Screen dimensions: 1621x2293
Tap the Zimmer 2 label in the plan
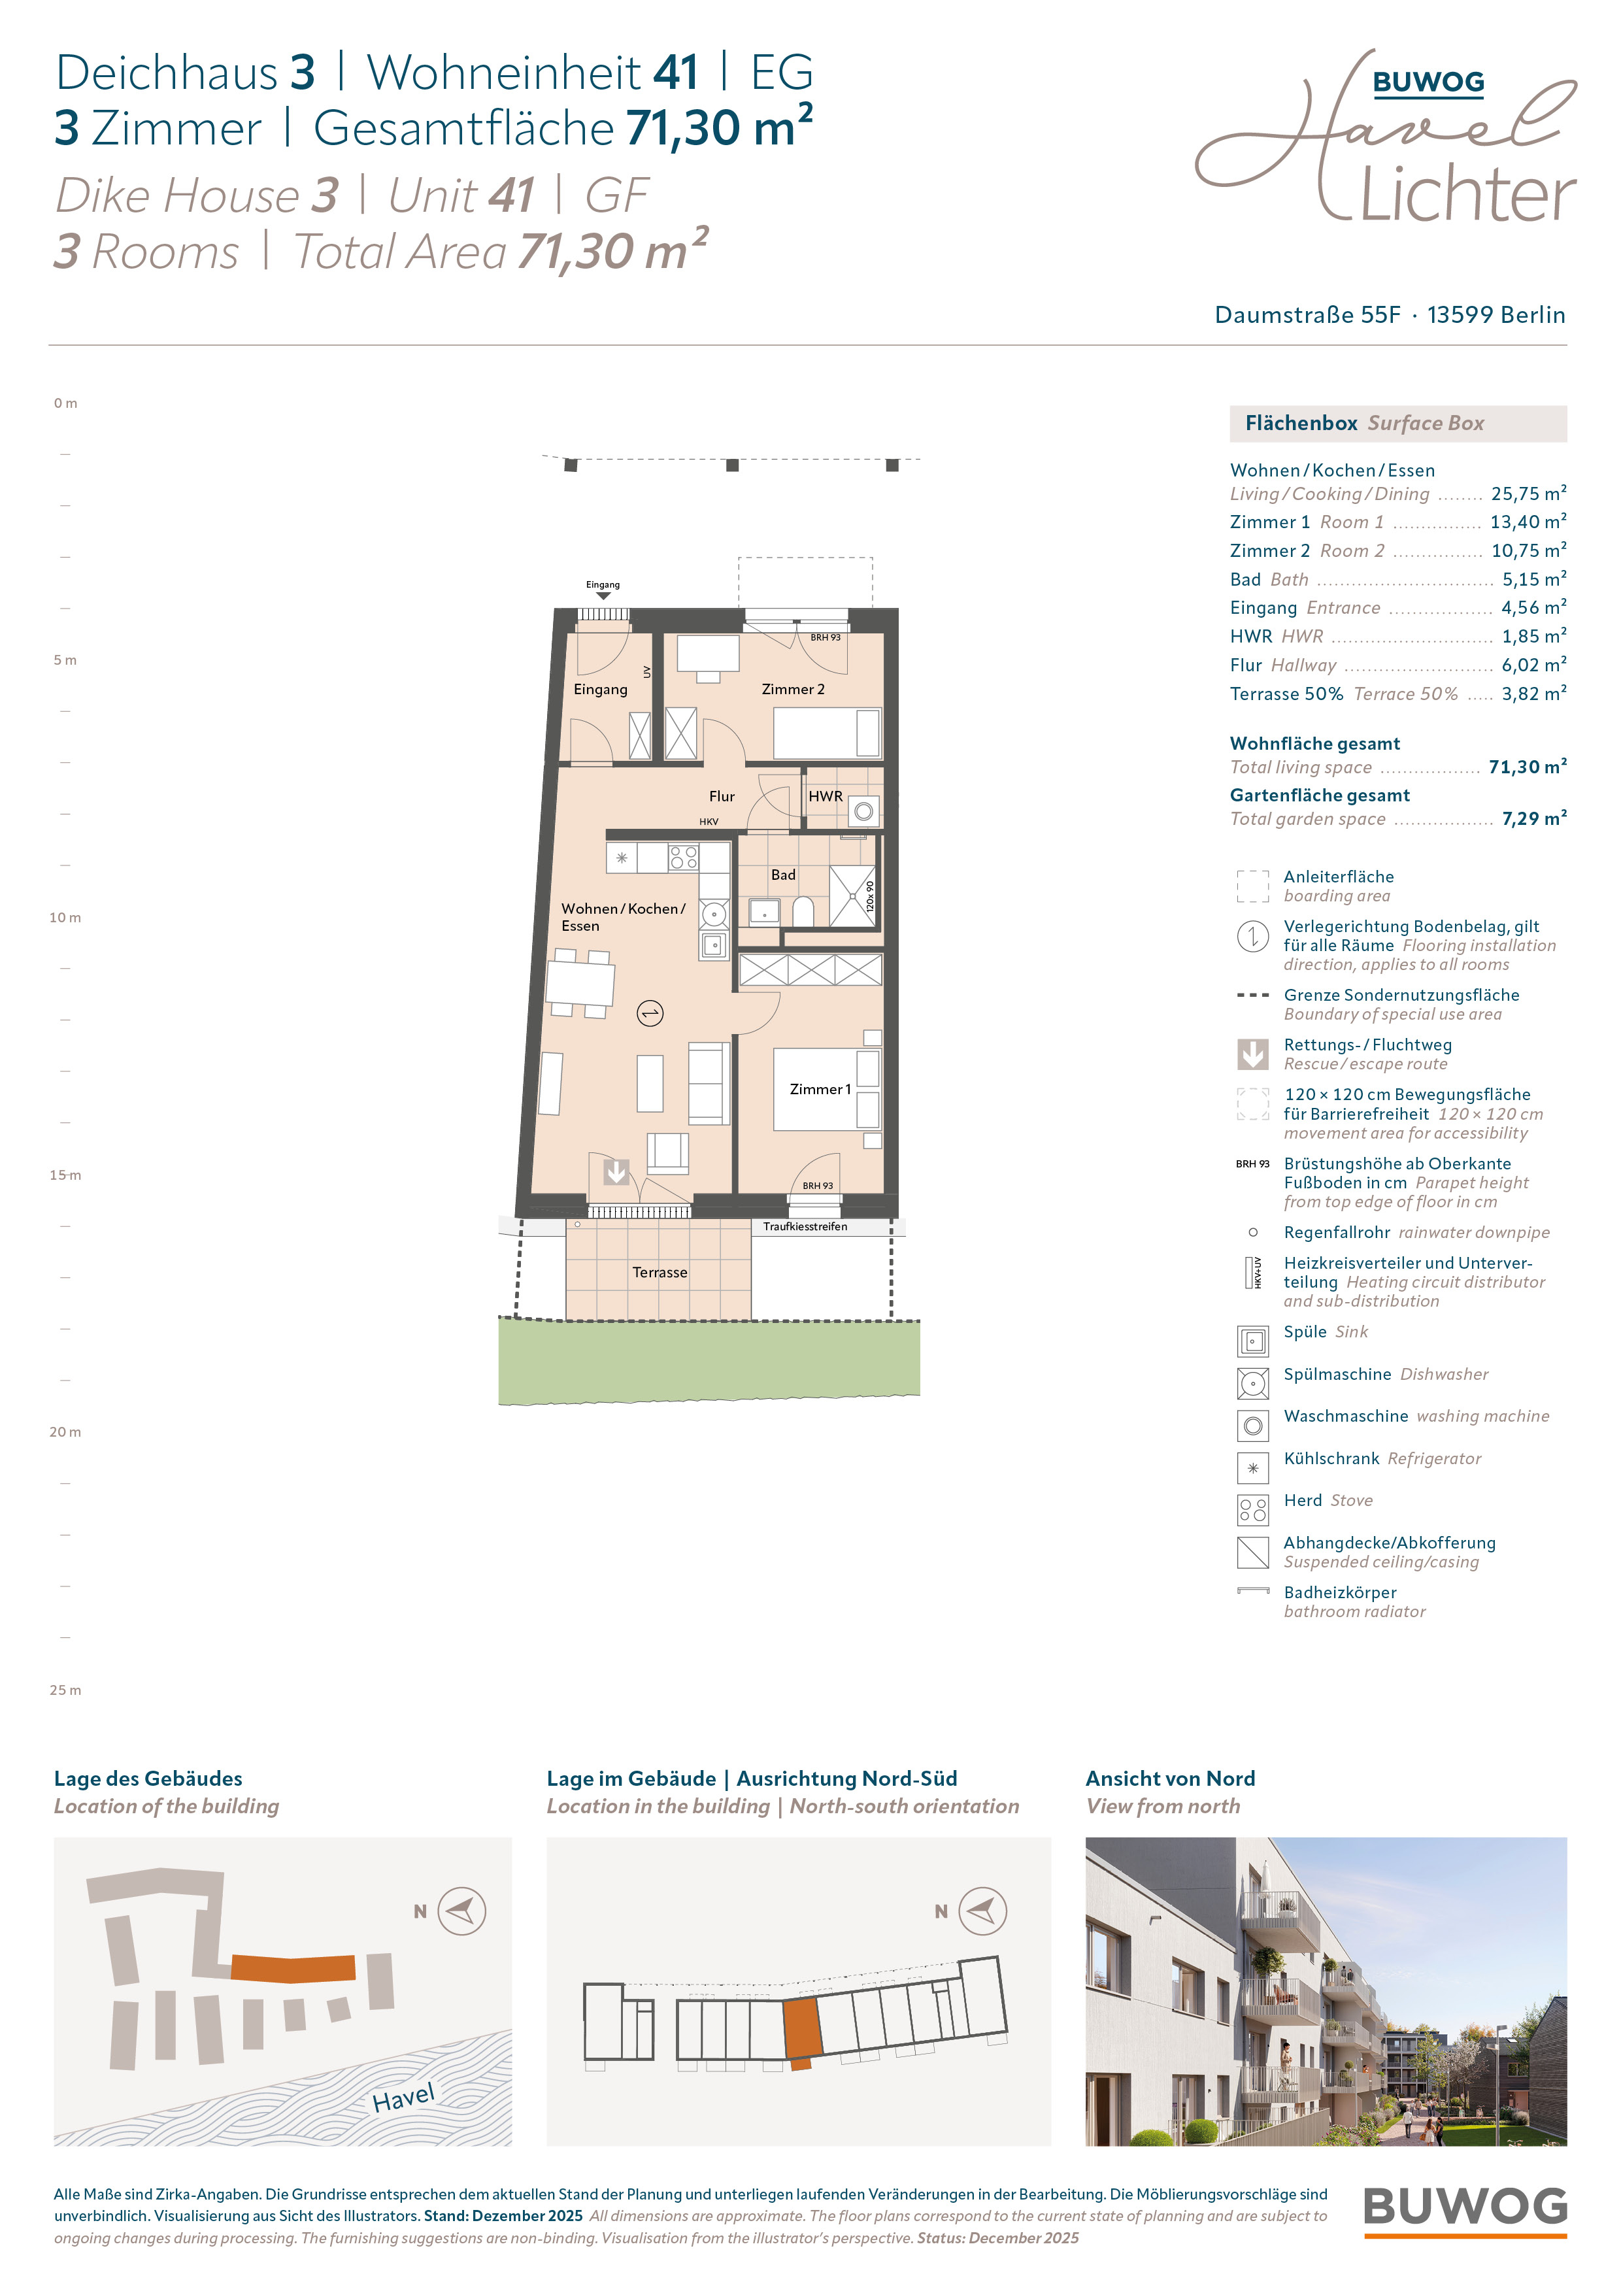pos(793,689)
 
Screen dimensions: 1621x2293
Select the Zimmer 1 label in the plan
pos(820,1090)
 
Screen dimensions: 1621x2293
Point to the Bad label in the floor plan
pos(783,875)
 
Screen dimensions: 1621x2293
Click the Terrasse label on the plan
pos(660,1273)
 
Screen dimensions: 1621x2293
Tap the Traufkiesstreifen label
pos(805,1226)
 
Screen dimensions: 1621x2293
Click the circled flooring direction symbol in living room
pos(650,1014)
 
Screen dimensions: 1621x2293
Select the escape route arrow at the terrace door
pos(616,1171)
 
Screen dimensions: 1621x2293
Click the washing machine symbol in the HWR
pos(864,812)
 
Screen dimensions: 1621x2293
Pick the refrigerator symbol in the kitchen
pos(621,857)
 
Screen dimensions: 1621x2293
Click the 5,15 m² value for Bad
pos(1534,579)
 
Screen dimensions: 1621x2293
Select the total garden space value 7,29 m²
pos(1534,819)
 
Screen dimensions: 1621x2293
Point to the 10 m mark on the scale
pos(65,918)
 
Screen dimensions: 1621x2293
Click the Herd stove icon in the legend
pos(1252,1509)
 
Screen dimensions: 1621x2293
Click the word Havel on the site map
pos(403,2098)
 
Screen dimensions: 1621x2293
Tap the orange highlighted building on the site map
pos(293,1967)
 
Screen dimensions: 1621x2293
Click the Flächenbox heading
pos(1301,424)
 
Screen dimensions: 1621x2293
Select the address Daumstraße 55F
pos(1307,314)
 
